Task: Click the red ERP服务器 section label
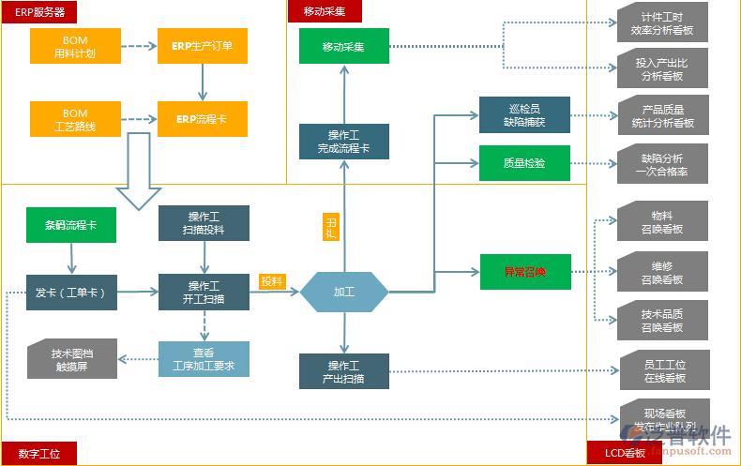pyautogui.click(x=39, y=11)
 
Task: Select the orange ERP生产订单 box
pyautogui.click(x=203, y=46)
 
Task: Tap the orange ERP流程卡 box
pyautogui.click(x=203, y=119)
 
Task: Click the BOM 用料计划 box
pyautogui.click(x=75, y=46)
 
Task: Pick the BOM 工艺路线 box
pyautogui.click(x=75, y=119)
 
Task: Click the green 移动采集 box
pyautogui.click(x=343, y=46)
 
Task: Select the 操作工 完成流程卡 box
pyautogui.click(x=343, y=141)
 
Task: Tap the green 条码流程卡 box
pyautogui.click(x=71, y=225)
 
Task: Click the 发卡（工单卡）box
pyautogui.click(x=71, y=292)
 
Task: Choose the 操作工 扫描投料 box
pyautogui.click(x=204, y=222)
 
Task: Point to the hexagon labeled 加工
pyautogui.click(x=344, y=292)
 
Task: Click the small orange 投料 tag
pyautogui.click(x=272, y=281)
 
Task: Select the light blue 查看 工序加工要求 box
pyautogui.click(x=204, y=359)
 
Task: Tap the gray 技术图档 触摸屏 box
pyautogui.click(x=72, y=359)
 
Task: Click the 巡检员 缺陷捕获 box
pyautogui.click(x=524, y=114)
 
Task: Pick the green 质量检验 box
pyautogui.click(x=524, y=163)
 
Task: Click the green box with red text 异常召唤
pyautogui.click(x=524, y=272)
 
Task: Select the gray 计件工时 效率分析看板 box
pyautogui.click(x=662, y=23)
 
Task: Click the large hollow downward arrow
pyautogui.click(x=139, y=171)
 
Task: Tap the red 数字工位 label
pyautogui.click(x=38, y=454)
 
